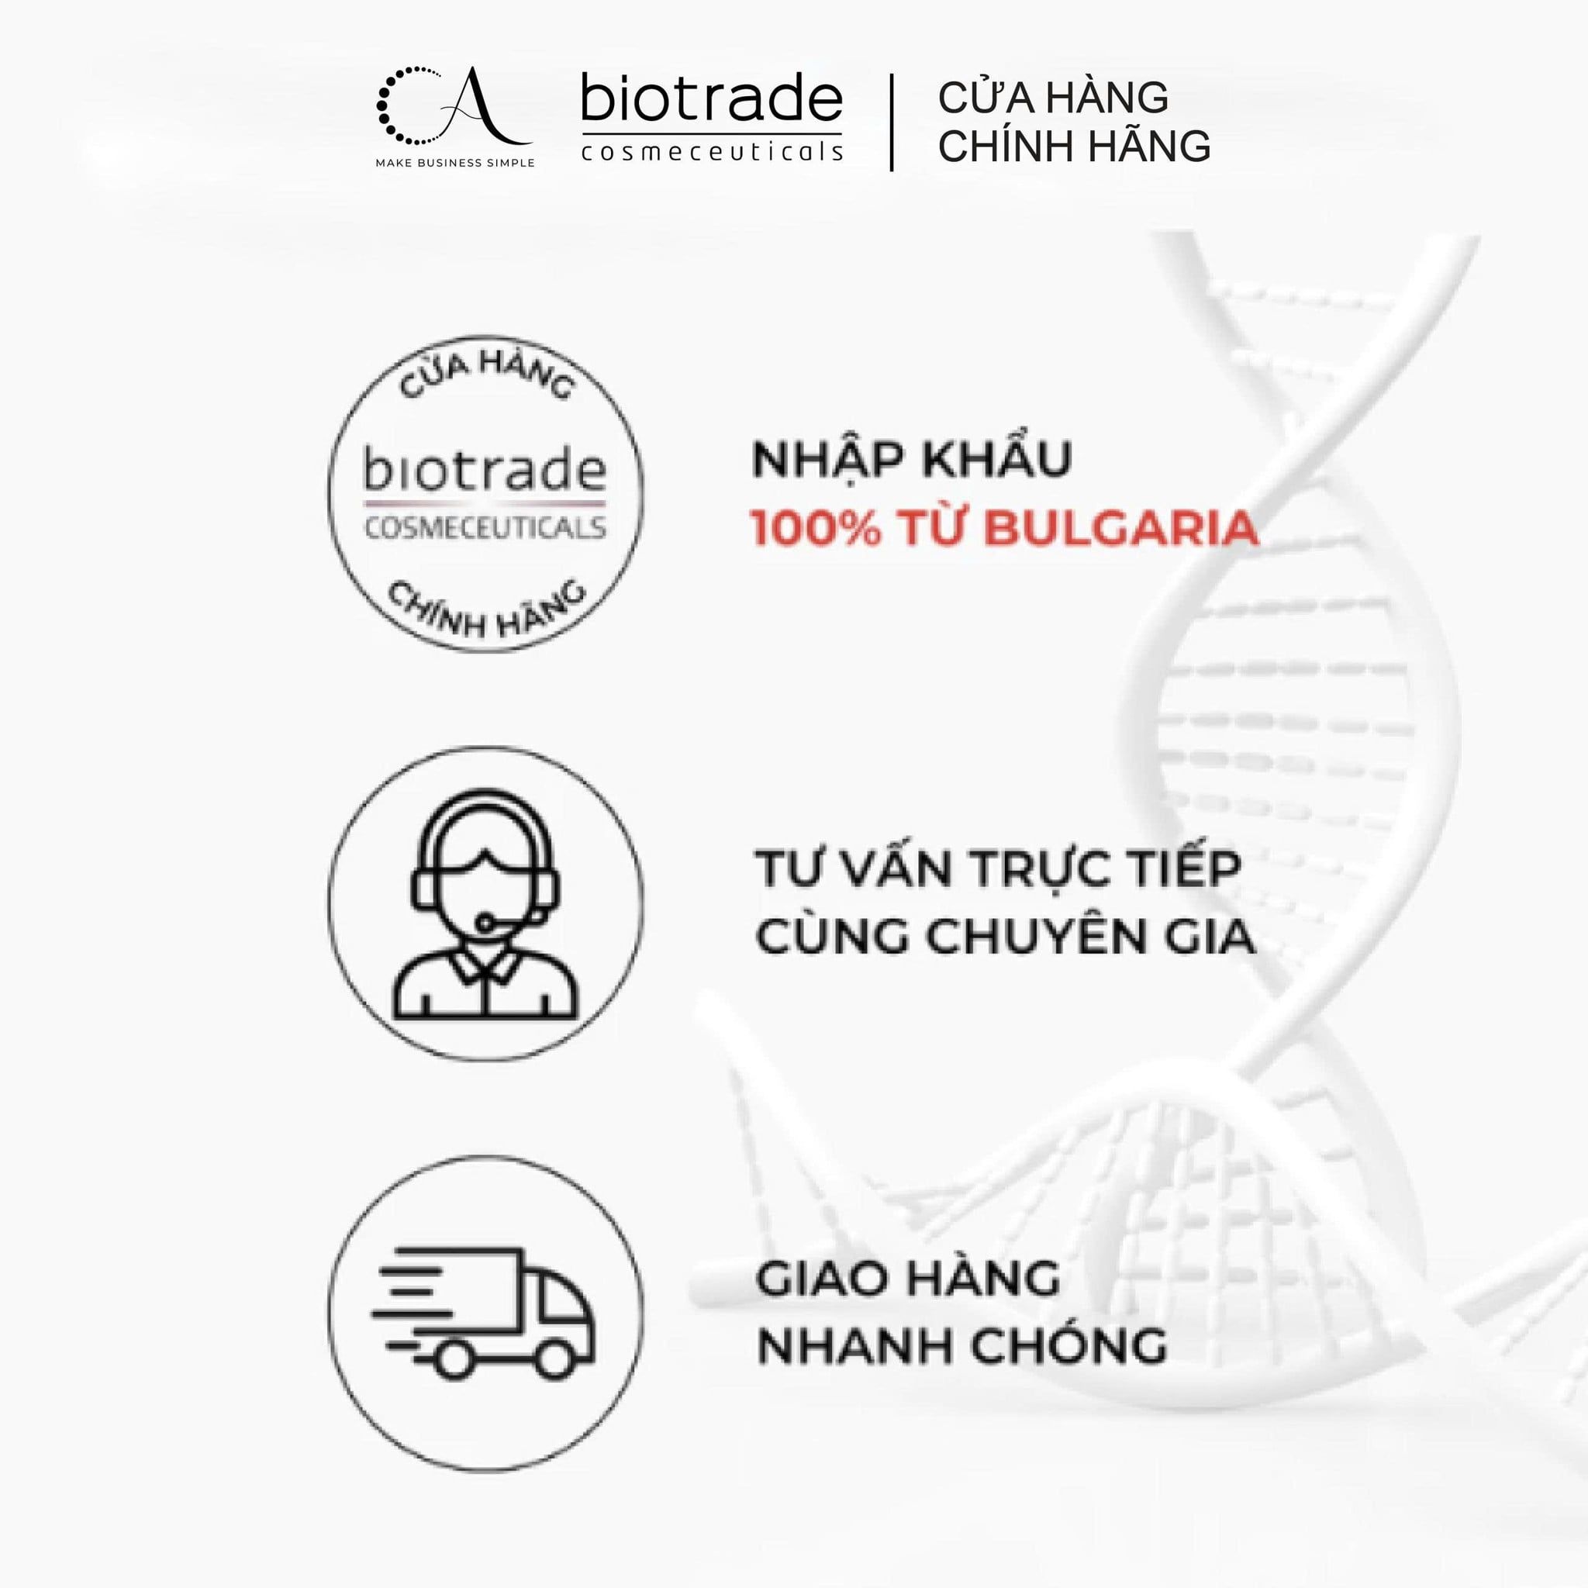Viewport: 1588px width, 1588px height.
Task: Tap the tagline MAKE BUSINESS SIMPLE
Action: [454, 163]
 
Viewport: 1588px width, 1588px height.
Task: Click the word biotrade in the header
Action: [712, 98]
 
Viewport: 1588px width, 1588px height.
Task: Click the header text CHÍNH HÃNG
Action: [1074, 147]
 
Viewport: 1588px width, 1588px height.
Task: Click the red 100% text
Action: [817, 529]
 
